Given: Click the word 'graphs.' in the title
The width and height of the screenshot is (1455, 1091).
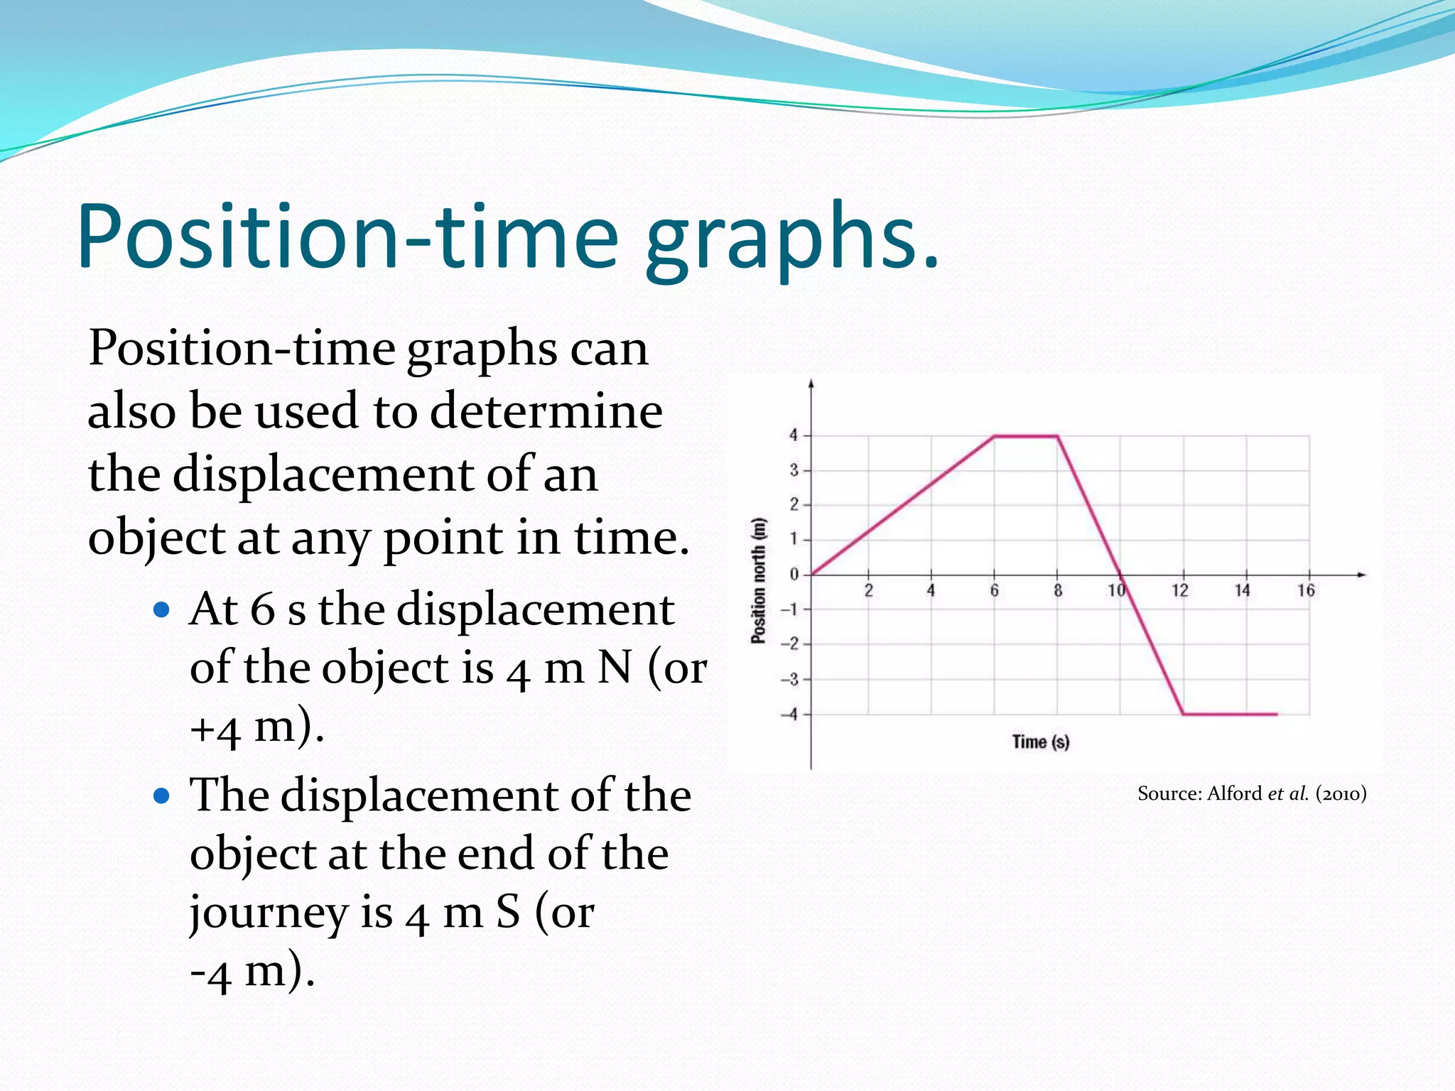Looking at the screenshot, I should point(791,238).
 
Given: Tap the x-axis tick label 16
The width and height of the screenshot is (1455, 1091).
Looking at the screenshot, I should point(1306,590).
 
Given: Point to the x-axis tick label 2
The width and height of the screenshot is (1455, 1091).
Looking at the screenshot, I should point(868,590).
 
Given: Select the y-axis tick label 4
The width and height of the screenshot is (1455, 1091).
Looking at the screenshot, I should point(794,435).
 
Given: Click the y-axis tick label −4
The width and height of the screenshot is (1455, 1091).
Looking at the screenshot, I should point(790,714).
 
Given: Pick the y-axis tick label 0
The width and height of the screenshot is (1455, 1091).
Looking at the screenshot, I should point(794,574).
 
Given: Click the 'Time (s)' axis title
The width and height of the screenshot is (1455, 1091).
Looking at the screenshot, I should point(1040,742).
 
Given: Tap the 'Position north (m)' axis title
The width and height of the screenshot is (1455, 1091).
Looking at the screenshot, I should point(759,581).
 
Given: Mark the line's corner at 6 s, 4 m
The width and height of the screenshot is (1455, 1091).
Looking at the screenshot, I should point(994,436).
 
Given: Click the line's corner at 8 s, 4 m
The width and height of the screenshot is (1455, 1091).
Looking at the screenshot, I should point(1057,436).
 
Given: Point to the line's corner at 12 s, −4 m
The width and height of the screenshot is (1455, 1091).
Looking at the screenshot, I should point(1183,714).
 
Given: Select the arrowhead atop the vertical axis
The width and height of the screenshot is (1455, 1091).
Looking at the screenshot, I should point(811,384).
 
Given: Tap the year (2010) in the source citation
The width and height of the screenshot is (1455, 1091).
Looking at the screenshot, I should point(1341,793).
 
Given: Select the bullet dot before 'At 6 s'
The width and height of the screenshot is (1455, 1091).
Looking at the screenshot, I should point(162,609).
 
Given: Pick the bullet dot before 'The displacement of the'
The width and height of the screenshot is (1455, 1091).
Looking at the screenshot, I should point(162,796).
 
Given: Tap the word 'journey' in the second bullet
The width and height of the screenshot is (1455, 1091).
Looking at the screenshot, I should point(268,913).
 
